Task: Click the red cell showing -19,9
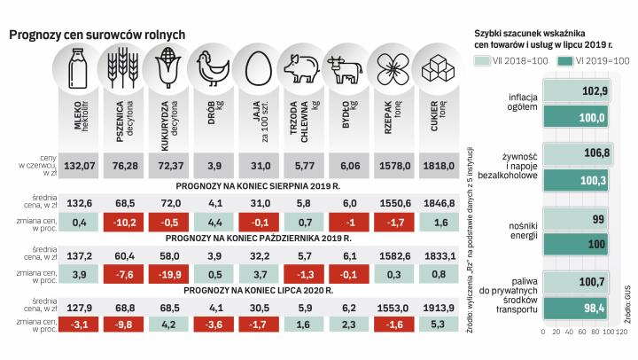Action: [167, 272]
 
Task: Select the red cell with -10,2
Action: [124, 221]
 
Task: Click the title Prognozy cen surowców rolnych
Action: [97, 34]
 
